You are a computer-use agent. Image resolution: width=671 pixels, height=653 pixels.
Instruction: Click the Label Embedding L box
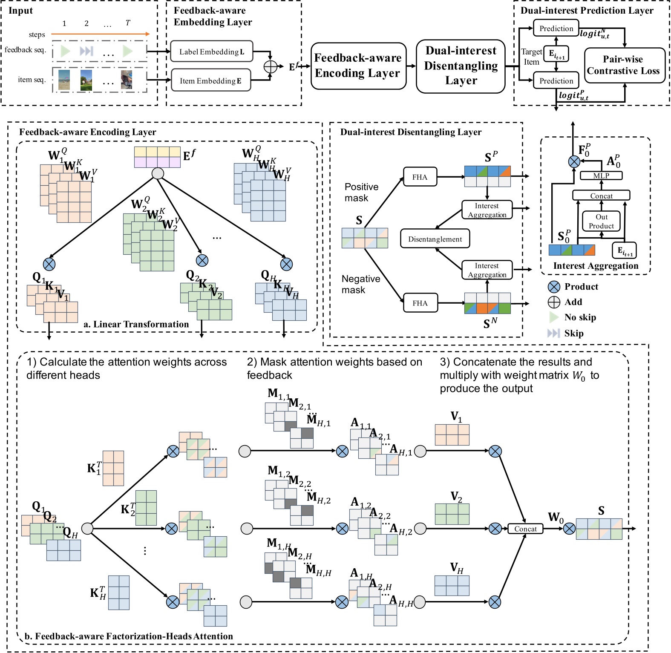click(211, 52)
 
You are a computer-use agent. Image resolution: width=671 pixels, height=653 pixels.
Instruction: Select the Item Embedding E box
click(210, 80)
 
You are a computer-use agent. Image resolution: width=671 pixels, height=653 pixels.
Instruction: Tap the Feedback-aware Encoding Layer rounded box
click(358, 66)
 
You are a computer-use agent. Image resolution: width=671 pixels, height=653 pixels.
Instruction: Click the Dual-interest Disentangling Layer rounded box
click(461, 66)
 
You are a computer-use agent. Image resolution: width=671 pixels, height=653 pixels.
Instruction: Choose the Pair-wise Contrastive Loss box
click(624, 65)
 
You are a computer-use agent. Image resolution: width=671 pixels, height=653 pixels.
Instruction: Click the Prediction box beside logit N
click(556, 28)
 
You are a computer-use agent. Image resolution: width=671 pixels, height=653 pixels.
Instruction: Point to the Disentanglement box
click(435, 239)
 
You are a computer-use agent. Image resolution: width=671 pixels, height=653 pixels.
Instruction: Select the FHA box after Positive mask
click(420, 176)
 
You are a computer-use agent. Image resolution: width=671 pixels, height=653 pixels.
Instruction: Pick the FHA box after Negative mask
click(420, 302)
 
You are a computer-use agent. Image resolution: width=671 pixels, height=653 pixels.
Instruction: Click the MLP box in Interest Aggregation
click(601, 175)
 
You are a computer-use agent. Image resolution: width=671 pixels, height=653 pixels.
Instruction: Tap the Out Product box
click(601, 221)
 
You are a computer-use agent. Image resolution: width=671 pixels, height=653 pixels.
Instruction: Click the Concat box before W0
click(525, 529)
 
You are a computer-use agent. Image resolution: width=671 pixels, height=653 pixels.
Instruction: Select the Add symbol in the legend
click(553, 302)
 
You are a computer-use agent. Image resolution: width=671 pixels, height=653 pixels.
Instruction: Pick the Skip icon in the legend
click(553, 333)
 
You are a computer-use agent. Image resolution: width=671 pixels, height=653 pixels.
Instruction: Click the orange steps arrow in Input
click(100, 34)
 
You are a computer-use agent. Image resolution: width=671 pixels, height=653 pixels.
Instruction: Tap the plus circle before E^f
click(270, 67)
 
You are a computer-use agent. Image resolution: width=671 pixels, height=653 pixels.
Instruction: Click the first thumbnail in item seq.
click(63, 80)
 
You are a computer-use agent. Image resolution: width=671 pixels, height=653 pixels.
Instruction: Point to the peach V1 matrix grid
click(452, 434)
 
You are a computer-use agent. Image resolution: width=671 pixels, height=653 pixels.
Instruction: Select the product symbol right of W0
click(569, 529)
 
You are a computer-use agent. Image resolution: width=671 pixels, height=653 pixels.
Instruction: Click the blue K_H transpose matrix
click(118, 593)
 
